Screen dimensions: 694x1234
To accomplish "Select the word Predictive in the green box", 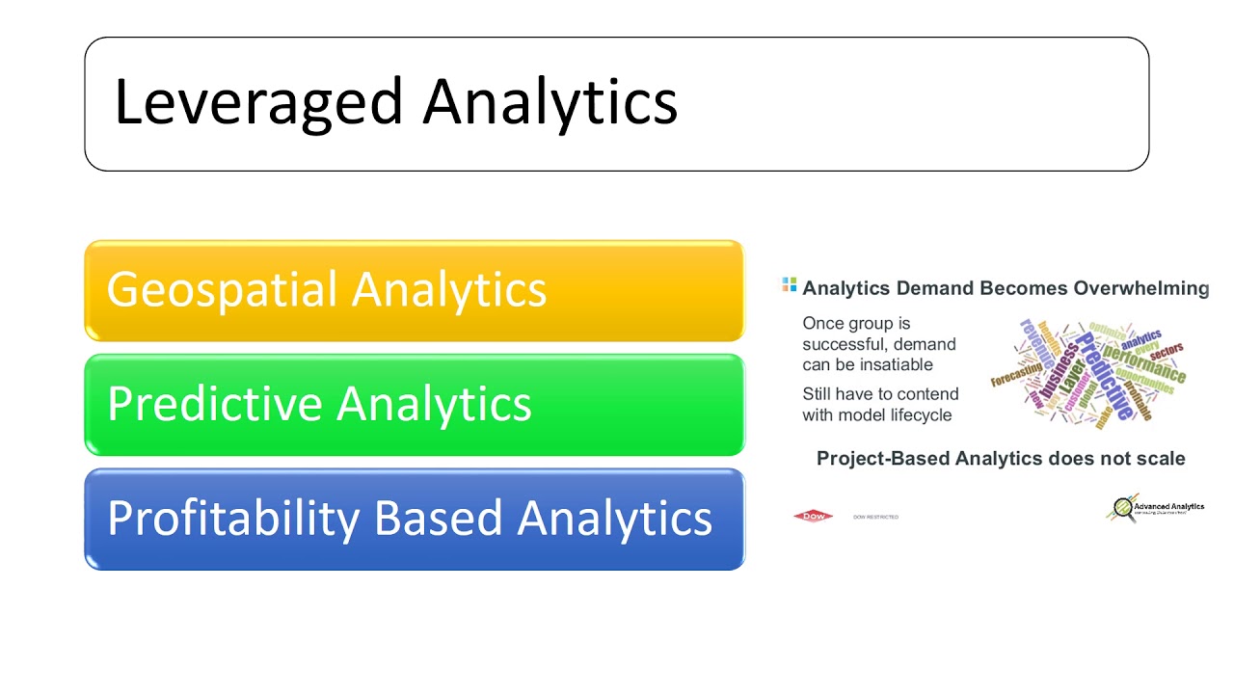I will [213, 403].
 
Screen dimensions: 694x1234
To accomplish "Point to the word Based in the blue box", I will [438, 518].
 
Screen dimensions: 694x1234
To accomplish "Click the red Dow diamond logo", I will [812, 517].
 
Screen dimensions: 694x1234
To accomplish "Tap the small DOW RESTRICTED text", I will [875, 518].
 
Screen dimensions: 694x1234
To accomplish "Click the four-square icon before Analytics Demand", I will [790, 285].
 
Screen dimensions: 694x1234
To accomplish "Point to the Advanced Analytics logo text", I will [1168, 506].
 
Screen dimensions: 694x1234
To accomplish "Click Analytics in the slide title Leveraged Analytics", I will [550, 102].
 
